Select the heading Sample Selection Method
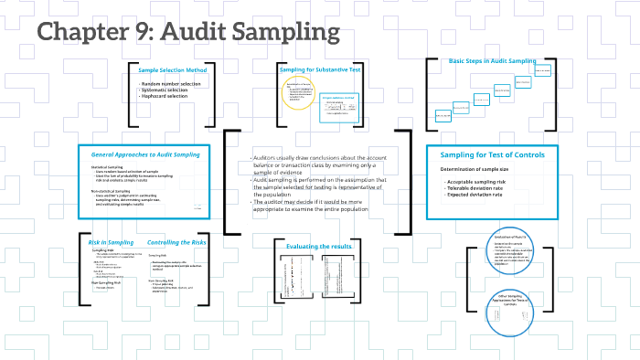tap(173, 70)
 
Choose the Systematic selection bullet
tap(165, 90)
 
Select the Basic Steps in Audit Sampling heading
tap(492, 61)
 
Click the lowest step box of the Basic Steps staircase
tap(443, 116)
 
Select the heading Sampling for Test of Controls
tap(492, 154)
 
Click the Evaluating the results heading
tap(314, 248)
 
